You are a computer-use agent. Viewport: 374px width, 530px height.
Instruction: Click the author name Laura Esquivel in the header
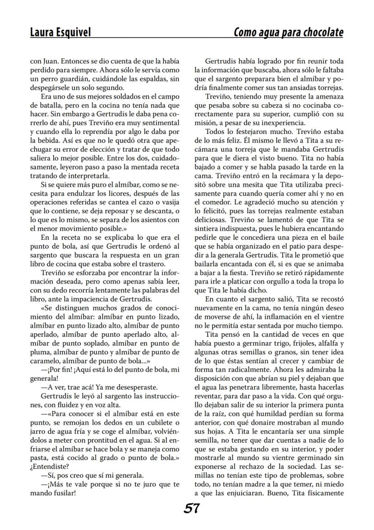[x=60, y=33]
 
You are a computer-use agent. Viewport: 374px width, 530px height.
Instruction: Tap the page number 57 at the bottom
[x=192, y=509]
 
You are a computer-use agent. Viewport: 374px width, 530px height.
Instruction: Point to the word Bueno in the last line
[x=277, y=492]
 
